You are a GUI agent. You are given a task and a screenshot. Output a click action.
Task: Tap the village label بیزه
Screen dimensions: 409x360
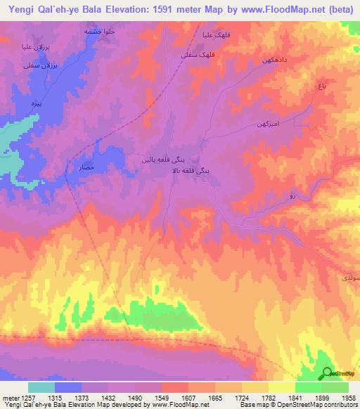32,103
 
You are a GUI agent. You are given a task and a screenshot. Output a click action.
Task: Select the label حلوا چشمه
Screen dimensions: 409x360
99,32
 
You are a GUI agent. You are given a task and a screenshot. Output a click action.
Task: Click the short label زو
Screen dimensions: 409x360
293,197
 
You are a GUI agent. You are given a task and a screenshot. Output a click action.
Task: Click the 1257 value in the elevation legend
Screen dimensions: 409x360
21,397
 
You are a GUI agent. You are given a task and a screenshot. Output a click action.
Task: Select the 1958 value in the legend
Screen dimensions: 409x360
348,397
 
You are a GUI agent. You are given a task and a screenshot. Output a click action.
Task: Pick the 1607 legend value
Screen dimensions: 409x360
187,397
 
